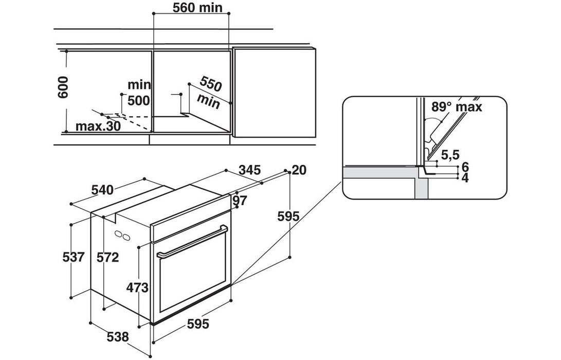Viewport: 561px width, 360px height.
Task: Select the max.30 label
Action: point(98,126)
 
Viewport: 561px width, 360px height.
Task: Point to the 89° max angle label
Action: point(457,107)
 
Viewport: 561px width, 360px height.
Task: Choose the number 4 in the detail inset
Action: point(465,178)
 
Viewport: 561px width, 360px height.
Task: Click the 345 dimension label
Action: point(250,169)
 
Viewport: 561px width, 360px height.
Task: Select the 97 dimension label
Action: point(240,200)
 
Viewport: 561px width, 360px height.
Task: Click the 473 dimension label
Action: point(138,287)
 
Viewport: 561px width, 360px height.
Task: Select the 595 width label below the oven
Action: point(197,324)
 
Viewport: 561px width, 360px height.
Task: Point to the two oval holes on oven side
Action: point(123,236)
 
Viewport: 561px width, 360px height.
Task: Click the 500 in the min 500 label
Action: point(138,100)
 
